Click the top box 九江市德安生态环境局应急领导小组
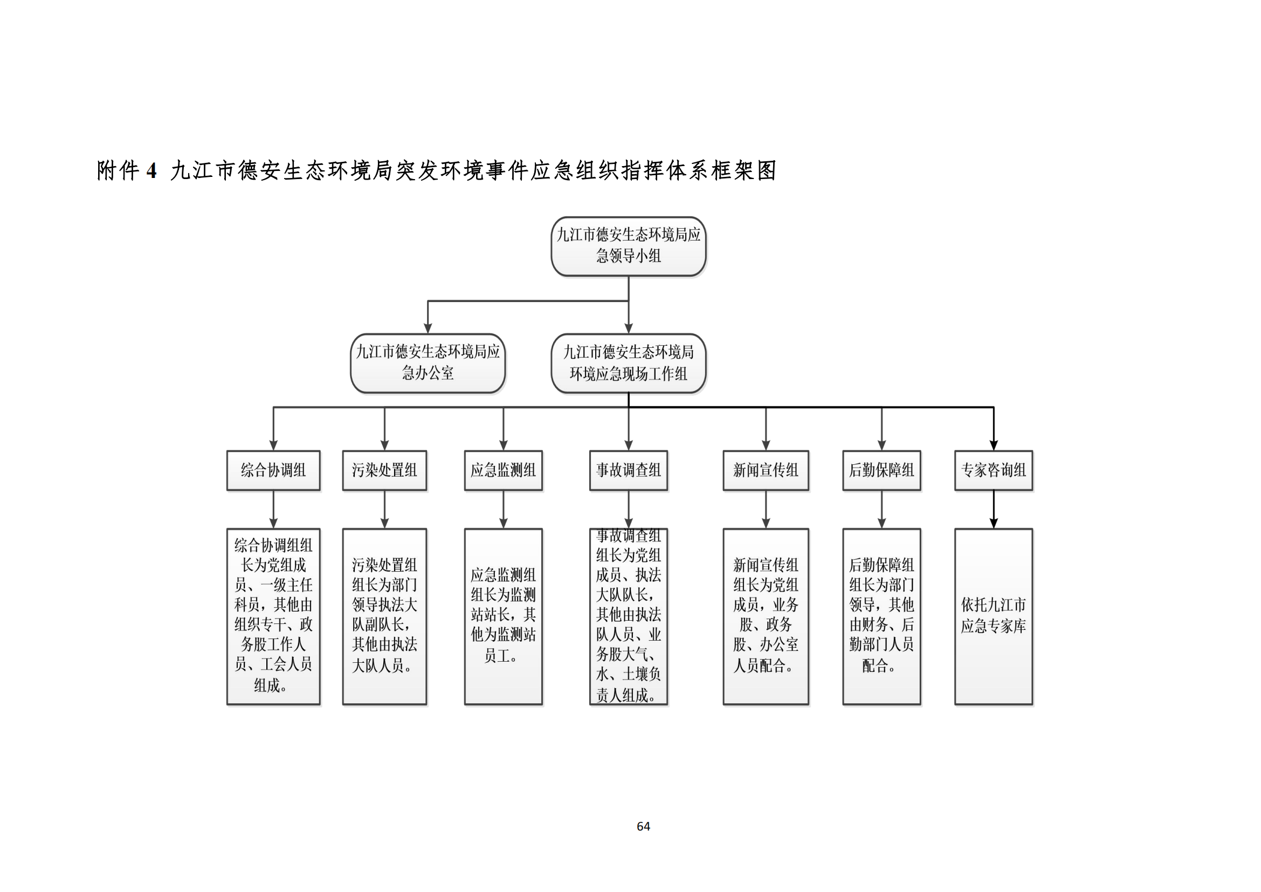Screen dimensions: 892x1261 [628, 246]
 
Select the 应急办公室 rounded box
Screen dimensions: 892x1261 [428, 363]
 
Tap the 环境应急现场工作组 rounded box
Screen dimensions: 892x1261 [628, 363]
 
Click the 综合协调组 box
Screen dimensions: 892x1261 [273, 470]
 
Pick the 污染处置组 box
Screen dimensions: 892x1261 [384, 470]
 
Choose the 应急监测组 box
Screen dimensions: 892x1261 [503, 470]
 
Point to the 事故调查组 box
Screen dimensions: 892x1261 [628, 470]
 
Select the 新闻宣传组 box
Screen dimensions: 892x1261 [766, 470]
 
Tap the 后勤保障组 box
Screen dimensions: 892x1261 [881, 470]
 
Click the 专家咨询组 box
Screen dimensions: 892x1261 [994, 470]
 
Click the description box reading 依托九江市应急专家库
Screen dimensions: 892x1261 [994, 616]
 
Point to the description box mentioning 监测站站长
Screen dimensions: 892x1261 [503, 616]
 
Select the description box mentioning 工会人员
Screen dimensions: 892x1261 [273, 616]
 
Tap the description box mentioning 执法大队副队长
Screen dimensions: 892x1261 [384, 616]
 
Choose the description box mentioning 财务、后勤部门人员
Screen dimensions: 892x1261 [881, 616]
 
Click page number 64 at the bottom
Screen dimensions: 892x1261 [643, 826]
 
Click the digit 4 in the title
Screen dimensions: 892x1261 [151, 171]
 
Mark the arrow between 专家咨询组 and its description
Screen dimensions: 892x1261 [994, 510]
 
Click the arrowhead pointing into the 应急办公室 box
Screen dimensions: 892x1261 [428, 328]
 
